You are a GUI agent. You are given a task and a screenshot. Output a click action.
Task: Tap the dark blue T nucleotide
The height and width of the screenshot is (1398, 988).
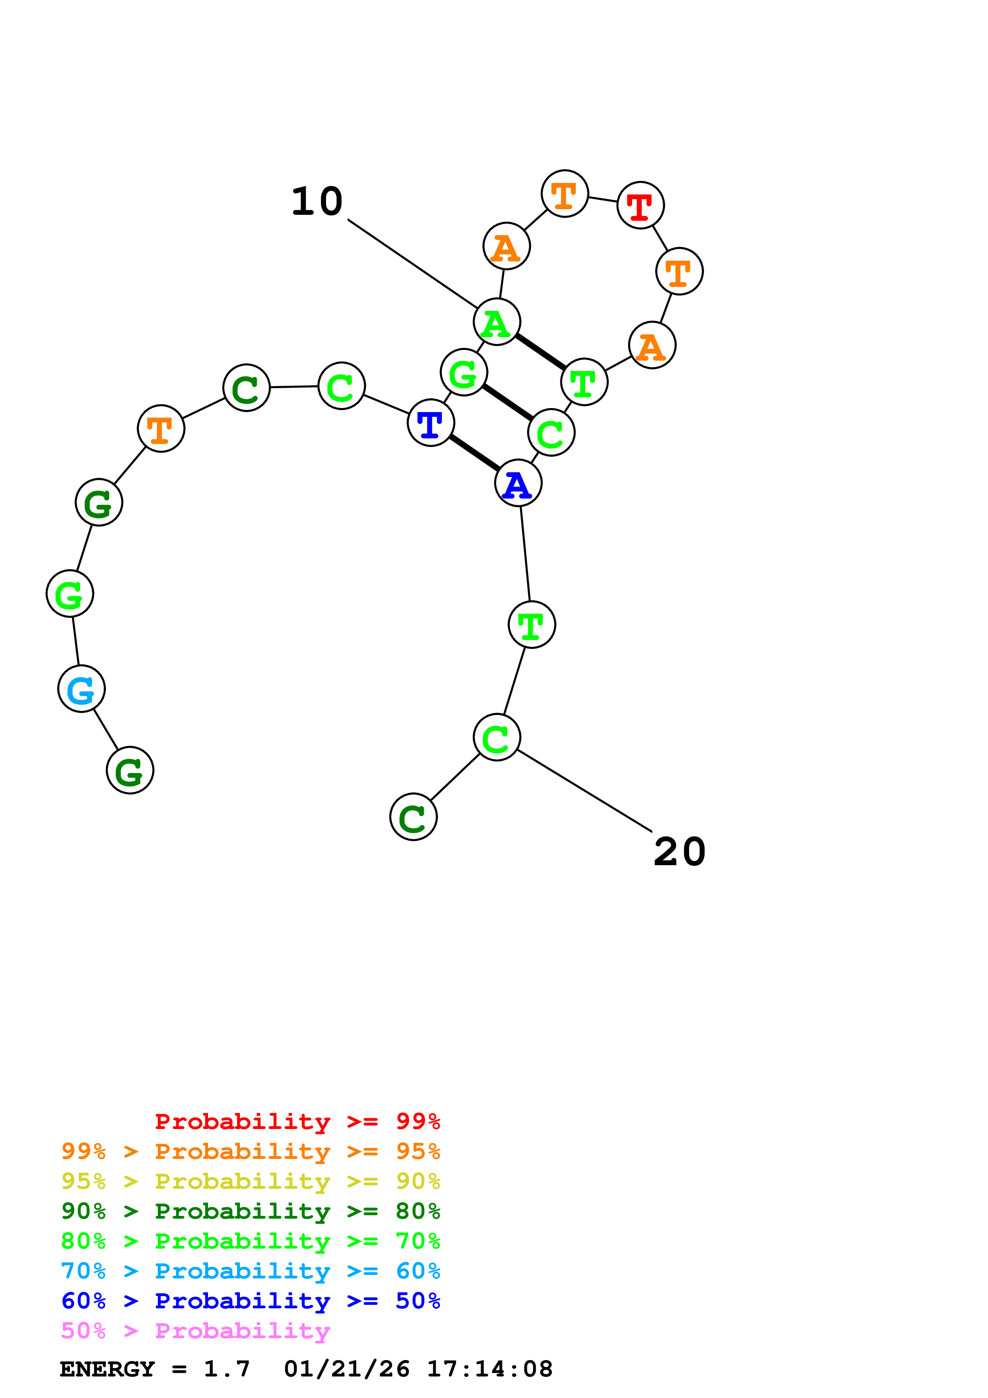pyautogui.click(x=430, y=422)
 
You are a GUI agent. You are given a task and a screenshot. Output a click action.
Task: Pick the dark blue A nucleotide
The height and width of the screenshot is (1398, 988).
pyautogui.click(x=518, y=483)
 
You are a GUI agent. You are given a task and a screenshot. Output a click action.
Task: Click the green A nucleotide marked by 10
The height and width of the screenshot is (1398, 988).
pyautogui.click(x=497, y=322)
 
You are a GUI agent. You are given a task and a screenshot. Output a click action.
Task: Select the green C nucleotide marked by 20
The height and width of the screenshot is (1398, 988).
pyautogui.click(x=497, y=737)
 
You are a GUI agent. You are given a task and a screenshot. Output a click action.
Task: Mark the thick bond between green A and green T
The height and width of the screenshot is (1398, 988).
pyautogui.click(x=540, y=352)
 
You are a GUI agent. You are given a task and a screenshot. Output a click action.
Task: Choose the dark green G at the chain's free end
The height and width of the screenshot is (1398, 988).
pyautogui.click(x=130, y=770)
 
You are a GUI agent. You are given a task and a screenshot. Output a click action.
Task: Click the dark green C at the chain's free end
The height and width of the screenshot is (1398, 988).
pyautogui.click(x=413, y=817)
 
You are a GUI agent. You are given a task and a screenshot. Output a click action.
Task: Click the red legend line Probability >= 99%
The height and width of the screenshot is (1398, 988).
pyautogui.click(x=297, y=1121)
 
